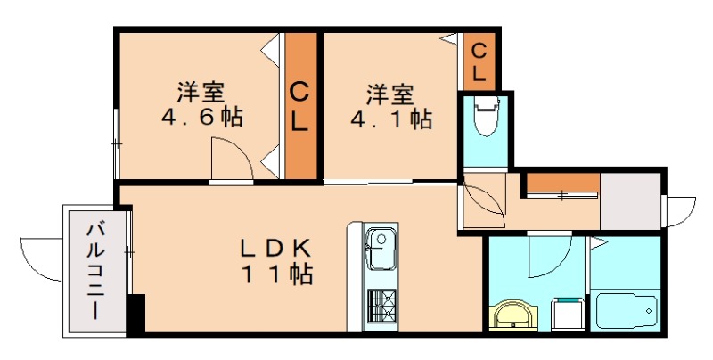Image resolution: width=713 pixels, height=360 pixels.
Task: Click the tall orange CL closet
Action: pyautogui.click(x=300, y=106)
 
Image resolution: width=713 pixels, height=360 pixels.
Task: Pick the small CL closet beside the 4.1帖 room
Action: pyautogui.click(x=479, y=61)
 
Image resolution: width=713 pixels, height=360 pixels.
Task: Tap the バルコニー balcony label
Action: pyautogui.click(x=94, y=271)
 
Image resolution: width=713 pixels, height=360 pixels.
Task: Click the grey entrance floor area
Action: pyautogui.click(x=630, y=201)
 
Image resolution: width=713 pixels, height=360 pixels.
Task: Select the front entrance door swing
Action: pyautogui.click(x=681, y=211)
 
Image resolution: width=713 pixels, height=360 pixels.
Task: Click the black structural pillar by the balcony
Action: pyautogui.click(x=135, y=315)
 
